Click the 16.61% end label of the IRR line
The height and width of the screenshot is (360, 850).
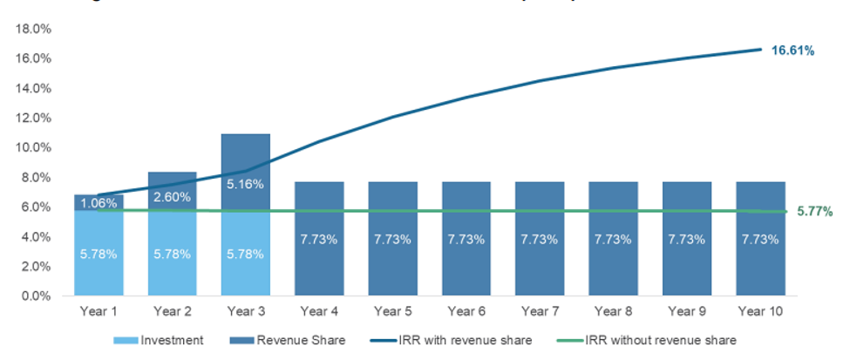(792, 51)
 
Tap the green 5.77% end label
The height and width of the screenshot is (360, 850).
(814, 211)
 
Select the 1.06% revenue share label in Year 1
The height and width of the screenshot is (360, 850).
(97, 204)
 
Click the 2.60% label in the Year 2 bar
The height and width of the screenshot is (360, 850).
(171, 197)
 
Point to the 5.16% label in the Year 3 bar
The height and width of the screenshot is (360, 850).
(244, 185)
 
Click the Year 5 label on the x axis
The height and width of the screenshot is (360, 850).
(391, 309)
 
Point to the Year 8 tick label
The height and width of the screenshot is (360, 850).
(613, 309)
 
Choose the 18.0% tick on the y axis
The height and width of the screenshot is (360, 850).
(32, 29)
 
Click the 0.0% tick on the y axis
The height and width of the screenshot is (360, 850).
(35, 296)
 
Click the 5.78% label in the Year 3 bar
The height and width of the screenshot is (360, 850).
(244, 254)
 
